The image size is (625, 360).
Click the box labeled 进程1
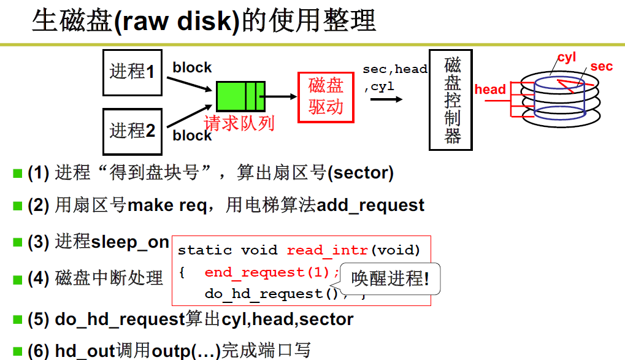pyautogui.click(x=132, y=72)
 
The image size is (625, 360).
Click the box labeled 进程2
pyautogui.click(x=132, y=131)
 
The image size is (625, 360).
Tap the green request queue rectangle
pyautogui.click(x=240, y=96)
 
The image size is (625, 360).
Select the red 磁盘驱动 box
pyautogui.click(x=326, y=97)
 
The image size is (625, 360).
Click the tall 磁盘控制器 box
pyautogui.click(x=451, y=100)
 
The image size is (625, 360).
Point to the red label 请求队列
pyautogui.click(x=239, y=123)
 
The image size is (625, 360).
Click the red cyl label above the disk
pyautogui.click(x=566, y=58)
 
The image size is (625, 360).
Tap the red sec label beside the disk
pyautogui.click(x=601, y=66)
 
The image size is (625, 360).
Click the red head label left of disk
pyautogui.click(x=490, y=90)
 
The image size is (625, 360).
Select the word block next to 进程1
pyautogui.click(x=192, y=67)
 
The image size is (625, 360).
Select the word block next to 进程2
pyautogui.click(x=192, y=136)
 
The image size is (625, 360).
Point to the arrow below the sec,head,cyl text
pyautogui.click(x=386, y=99)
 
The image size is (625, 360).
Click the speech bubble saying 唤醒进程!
pyautogui.click(x=390, y=279)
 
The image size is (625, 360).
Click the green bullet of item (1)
pyautogui.click(x=18, y=174)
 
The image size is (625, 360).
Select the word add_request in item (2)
pyautogui.click(x=370, y=205)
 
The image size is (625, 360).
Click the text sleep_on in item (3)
pyautogui.click(x=130, y=242)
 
